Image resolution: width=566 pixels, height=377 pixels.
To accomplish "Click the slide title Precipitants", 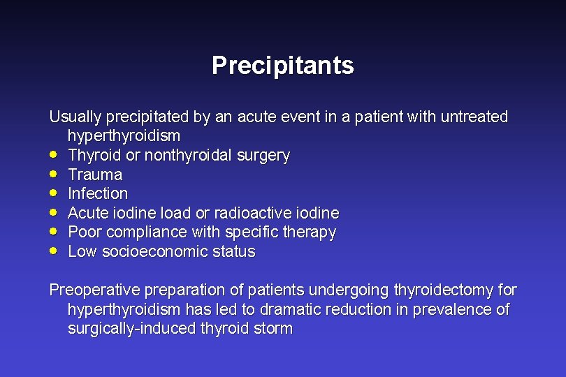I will [x=282, y=66].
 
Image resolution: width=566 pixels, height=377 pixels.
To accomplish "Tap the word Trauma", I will [x=95, y=175].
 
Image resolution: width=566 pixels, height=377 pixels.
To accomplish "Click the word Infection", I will [x=98, y=193].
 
